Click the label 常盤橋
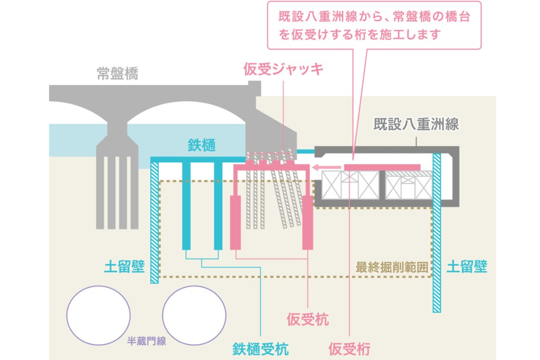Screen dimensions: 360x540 [x=117, y=73]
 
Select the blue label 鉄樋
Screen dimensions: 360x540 [x=202, y=145]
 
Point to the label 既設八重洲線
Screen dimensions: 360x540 [x=416, y=124]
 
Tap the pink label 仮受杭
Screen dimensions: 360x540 [x=308, y=320]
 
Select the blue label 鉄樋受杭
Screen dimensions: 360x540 [x=261, y=348]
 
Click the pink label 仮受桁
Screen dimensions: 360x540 [x=350, y=348]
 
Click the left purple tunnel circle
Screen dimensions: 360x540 [x=98, y=315]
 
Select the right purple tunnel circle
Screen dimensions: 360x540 [x=194, y=315]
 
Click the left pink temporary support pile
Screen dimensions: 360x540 [x=236, y=222]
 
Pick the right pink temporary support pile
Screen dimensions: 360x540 [x=307, y=222]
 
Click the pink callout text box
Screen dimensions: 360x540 [x=374, y=26]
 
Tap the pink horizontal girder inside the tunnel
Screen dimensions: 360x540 [x=382, y=167]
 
